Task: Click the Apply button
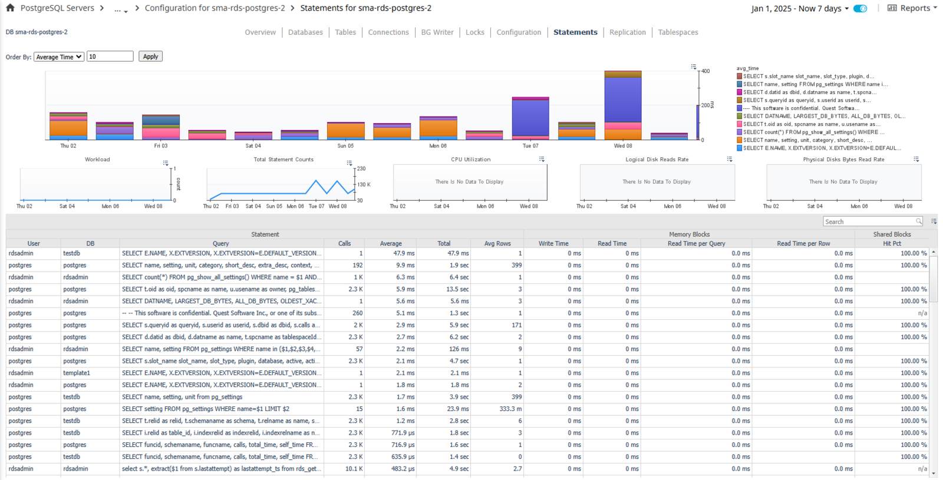pyautogui.click(x=150, y=57)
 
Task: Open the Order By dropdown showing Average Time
pyautogui.click(x=59, y=57)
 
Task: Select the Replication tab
pyautogui.click(x=627, y=32)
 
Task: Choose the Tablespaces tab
pyautogui.click(x=678, y=32)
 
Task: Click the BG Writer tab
pyautogui.click(x=437, y=32)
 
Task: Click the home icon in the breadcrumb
pyautogui.click(x=10, y=8)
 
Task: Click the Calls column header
pyautogui.click(x=344, y=244)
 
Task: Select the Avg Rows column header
pyautogui.click(x=497, y=244)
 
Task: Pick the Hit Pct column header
pyautogui.click(x=892, y=244)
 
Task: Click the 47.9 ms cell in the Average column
pyautogui.click(x=404, y=253)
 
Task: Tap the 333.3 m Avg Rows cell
pyautogui.click(x=510, y=409)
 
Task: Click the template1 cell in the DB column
pyautogui.click(x=77, y=373)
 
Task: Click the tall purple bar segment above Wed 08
pyautogui.click(x=623, y=100)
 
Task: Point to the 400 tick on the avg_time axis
pyautogui.click(x=705, y=71)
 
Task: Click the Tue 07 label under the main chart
pyautogui.click(x=530, y=146)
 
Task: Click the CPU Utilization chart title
pyautogui.click(x=471, y=160)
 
